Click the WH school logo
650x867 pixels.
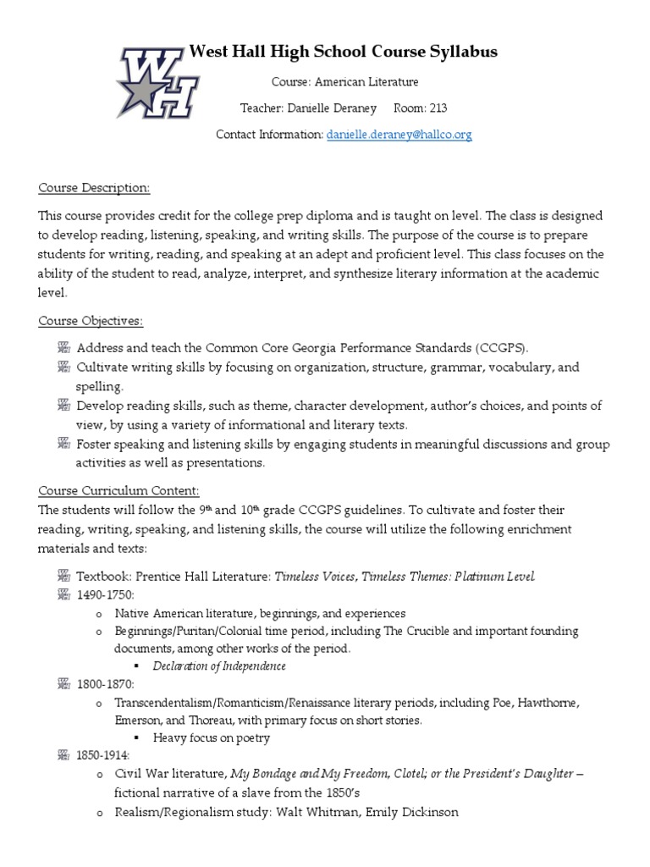[x=158, y=82]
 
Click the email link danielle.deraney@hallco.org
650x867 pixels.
[x=399, y=135]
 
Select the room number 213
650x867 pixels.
[x=438, y=108]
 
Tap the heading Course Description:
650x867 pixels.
[x=94, y=187]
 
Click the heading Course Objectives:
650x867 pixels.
[x=91, y=321]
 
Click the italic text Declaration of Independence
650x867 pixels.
[x=219, y=666]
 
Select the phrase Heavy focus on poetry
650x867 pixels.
[x=212, y=737]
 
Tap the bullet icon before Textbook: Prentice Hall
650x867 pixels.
[x=63, y=577]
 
